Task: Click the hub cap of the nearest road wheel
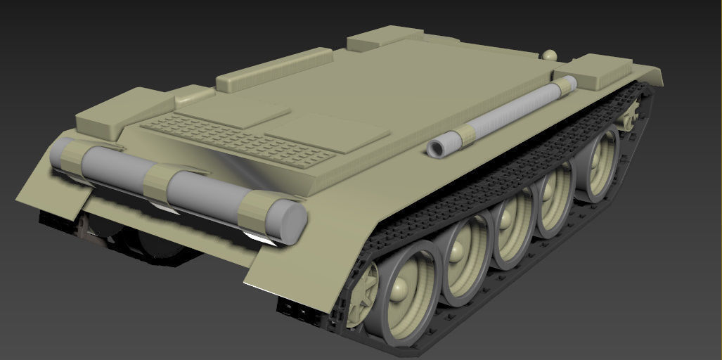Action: [x=401, y=288]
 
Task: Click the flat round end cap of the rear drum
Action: [x=288, y=221]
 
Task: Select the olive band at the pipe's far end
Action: [x=566, y=86]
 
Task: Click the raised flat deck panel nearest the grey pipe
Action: [x=326, y=131]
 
